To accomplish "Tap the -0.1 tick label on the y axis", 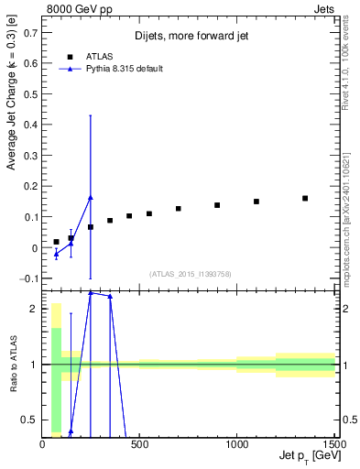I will tap(28, 278).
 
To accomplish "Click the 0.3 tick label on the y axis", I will tap(31, 156).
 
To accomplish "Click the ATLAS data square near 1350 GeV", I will tap(305, 198).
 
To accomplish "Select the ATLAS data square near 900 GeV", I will tap(217, 205).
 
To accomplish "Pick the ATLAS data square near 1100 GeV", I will tap(256, 202).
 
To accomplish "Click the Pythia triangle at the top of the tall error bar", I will tap(90, 197).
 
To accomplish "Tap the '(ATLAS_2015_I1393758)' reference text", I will tap(190, 273).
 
